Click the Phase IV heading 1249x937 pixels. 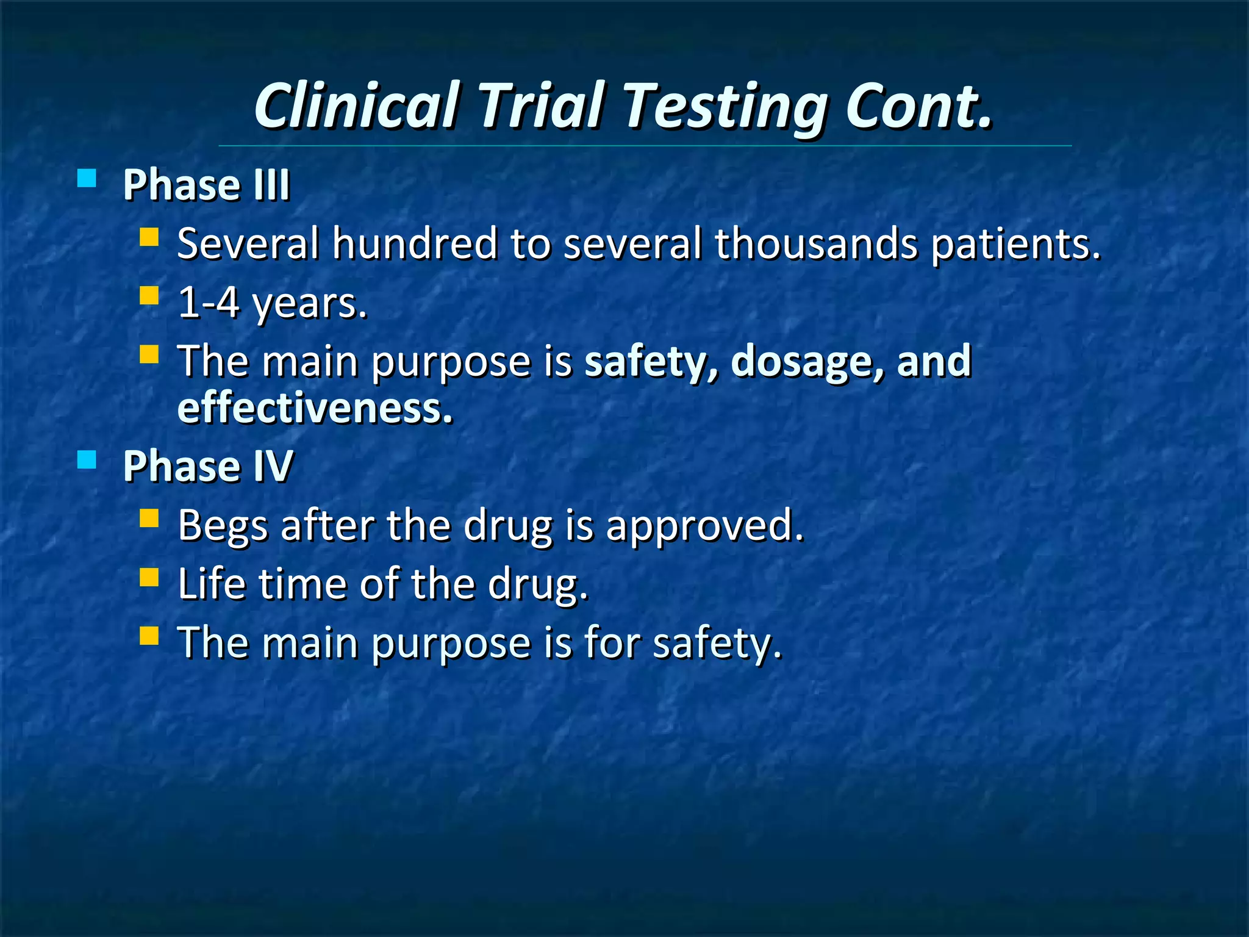point(208,465)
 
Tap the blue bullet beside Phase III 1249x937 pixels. point(87,178)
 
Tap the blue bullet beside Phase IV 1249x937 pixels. point(87,459)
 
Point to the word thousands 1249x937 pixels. point(816,243)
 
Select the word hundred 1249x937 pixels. point(415,243)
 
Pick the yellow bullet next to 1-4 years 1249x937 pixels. point(149,296)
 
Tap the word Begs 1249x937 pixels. point(223,525)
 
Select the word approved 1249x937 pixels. point(704,525)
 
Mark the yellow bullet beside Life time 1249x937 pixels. point(149,577)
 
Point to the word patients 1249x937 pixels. point(1016,243)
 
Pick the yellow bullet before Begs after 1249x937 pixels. point(149,519)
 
